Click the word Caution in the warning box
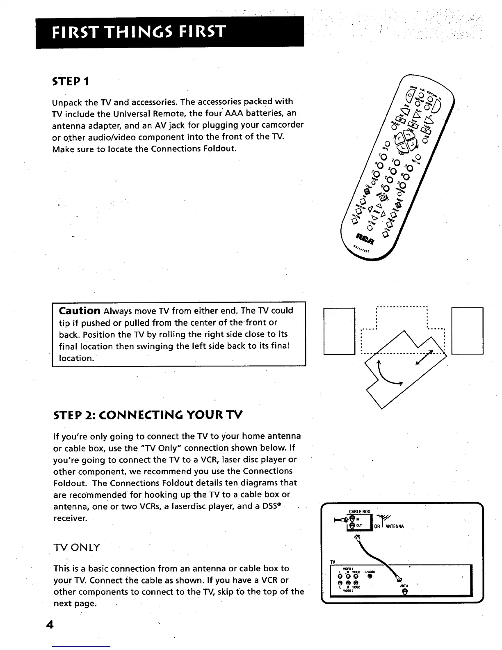click(80, 311)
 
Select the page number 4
click(50, 625)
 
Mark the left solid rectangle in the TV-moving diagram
click(339, 331)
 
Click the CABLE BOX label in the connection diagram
click(359, 511)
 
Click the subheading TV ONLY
click(77, 548)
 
